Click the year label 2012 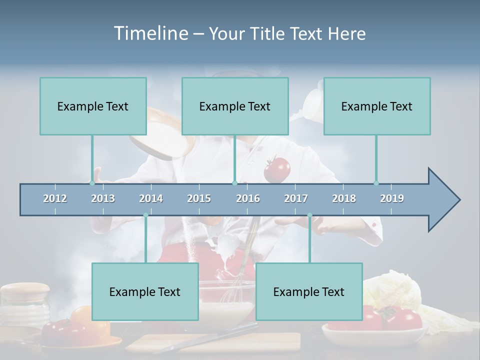(55, 198)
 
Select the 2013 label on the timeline (103, 198)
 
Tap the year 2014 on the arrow (151, 198)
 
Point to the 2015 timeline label (199, 198)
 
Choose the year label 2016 (248, 198)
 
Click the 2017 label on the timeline (296, 198)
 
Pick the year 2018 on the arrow (344, 198)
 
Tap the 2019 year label (392, 198)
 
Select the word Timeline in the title (150, 33)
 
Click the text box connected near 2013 (93, 106)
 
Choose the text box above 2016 (235, 106)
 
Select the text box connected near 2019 (377, 106)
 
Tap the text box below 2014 (145, 291)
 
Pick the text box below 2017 (309, 291)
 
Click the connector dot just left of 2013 (92, 183)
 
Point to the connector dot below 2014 (145, 215)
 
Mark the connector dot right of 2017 (309, 215)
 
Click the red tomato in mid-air (276, 169)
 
